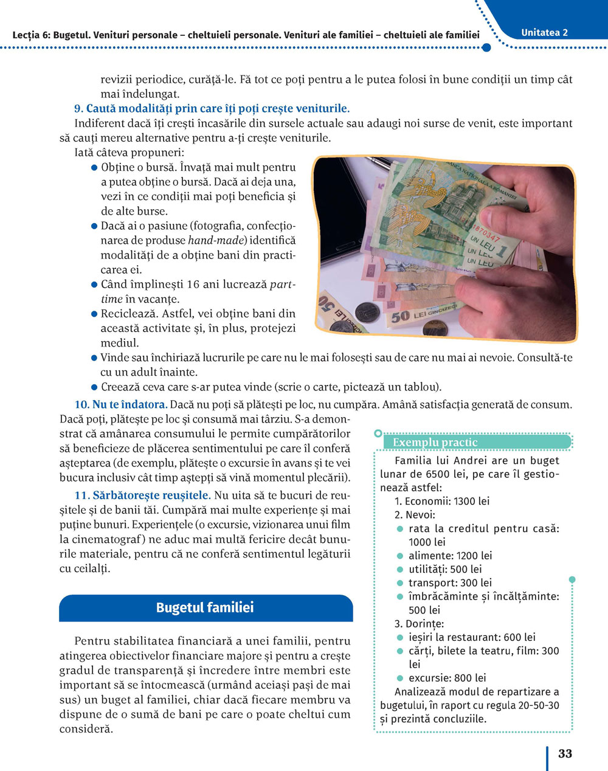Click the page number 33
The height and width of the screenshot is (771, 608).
tap(565, 753)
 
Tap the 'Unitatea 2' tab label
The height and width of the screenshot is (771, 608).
tap(544, 33)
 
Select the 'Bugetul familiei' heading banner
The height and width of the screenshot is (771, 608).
tap(206, 607)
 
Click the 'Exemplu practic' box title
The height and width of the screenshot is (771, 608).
tap(435, 442)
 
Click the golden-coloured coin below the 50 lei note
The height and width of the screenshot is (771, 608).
tap(433, 328)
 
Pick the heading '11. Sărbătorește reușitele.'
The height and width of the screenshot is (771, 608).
tap(142, 495)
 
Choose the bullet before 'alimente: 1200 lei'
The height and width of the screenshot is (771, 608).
tap(399, 556)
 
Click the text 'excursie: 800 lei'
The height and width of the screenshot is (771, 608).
tap(447, 678)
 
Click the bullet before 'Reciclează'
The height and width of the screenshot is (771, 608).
tap(94, 314)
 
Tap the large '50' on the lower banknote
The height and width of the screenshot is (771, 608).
tap(400, 316)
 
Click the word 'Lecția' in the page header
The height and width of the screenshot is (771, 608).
tap(27, 35)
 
